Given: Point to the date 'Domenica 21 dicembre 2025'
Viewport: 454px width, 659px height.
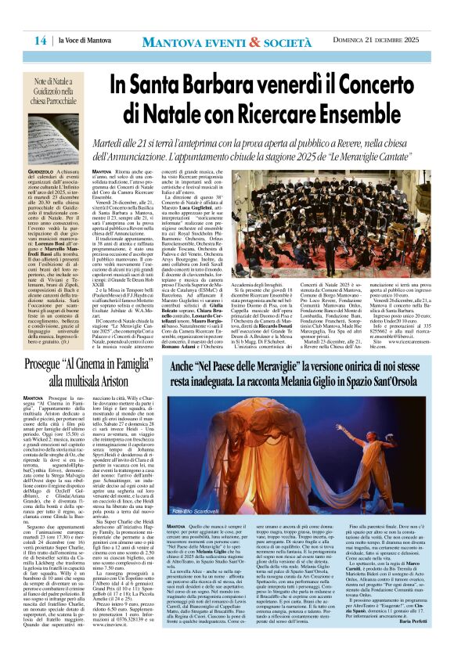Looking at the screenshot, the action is (384, 40).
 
